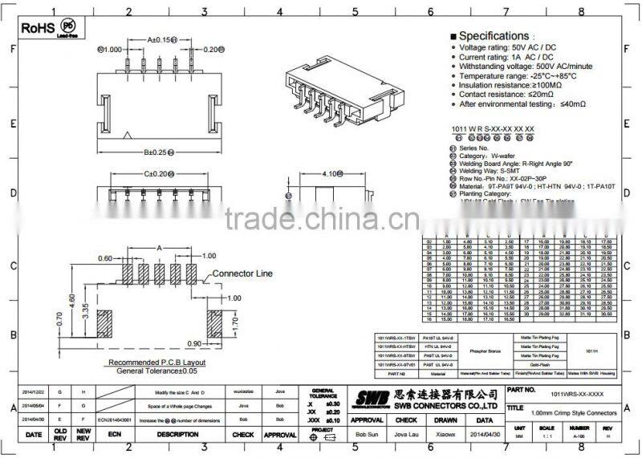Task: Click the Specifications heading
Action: (x=494, y=36)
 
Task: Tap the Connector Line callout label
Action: (x=242, y=274)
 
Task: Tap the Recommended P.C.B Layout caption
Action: (x=157, y=363)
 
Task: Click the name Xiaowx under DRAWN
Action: (x=445, y=434)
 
